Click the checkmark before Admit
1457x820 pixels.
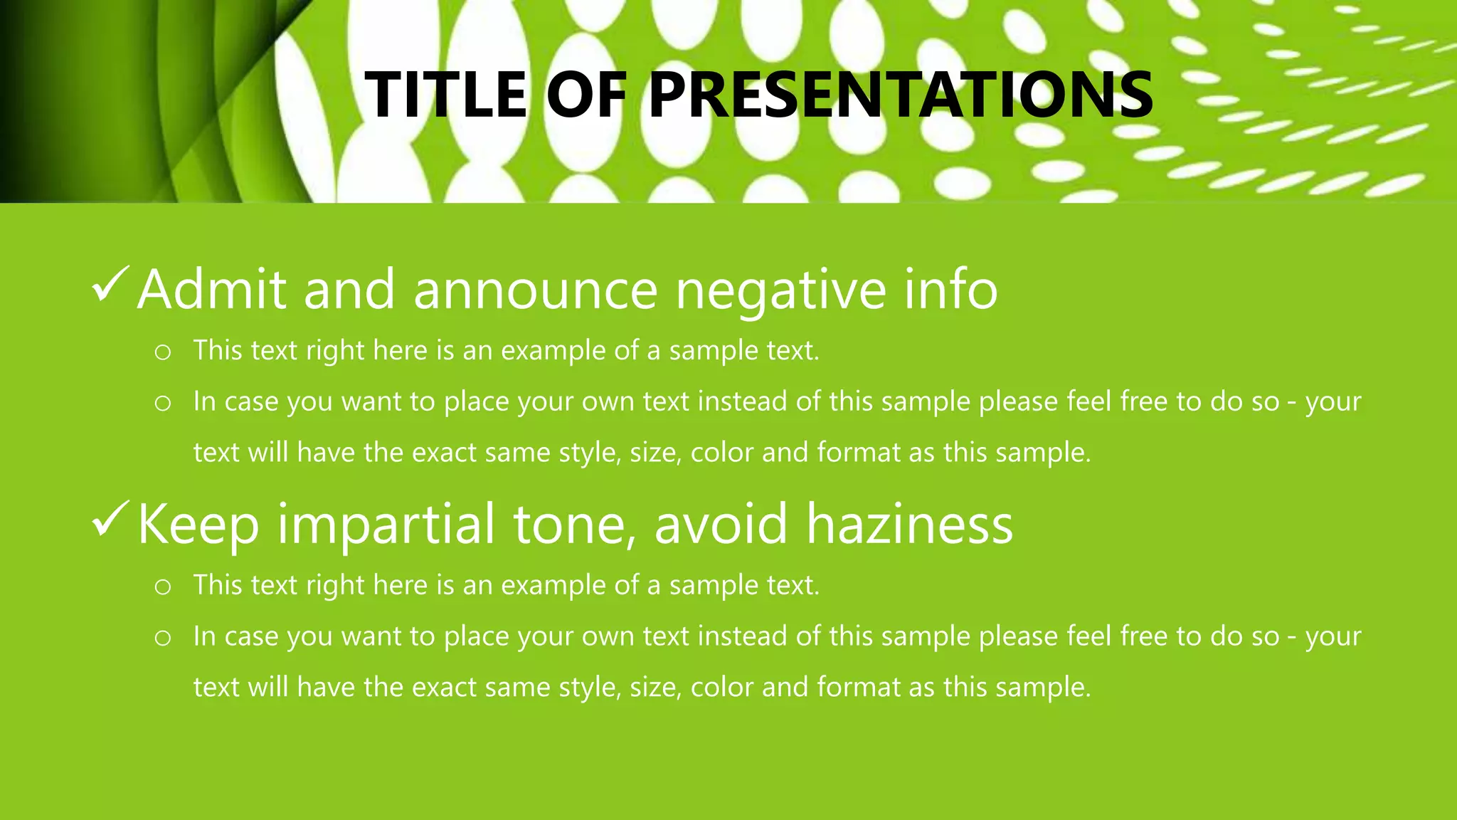click(110, 284)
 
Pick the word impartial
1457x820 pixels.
click(386, 525)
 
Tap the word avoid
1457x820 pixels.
click(720, 524)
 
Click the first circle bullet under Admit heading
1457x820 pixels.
click(163, 352)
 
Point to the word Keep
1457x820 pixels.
click(198, 525)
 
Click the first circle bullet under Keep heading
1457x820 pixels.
click(163, 587)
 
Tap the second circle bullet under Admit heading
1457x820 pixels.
click(163, 404)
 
